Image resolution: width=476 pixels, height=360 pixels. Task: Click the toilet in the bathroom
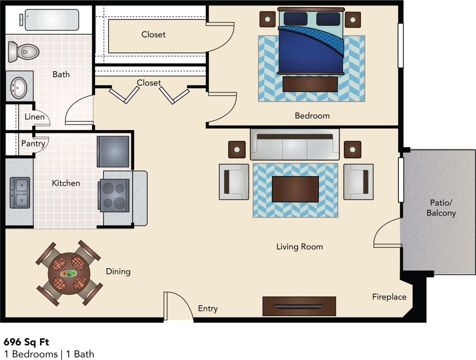click(24, 51)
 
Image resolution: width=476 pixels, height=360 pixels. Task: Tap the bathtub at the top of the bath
click(52, 19)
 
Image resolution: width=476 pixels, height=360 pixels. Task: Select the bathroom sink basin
click(18, 87)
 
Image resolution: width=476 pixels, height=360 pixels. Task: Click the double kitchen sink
click(20, 193)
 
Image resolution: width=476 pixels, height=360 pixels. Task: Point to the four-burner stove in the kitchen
click(114, 195)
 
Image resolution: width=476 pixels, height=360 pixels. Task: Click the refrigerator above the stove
click(113, 151)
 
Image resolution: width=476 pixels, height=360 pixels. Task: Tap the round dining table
click(69, 273)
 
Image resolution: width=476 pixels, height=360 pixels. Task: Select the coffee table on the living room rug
click(295, 189)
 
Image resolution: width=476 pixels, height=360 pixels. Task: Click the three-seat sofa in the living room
click(295, 144)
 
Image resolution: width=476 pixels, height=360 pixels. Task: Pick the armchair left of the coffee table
click(234, 181)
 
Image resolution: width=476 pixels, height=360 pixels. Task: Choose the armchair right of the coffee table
click(359, 181)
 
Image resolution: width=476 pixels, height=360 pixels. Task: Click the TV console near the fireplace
click(299, 306)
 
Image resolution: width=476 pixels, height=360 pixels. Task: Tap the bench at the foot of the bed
click(310, 84)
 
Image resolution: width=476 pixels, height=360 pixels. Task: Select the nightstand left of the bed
click(267, 19)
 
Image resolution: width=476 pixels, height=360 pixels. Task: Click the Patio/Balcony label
click(441, 207)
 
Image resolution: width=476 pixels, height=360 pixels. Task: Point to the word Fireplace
click(389, 297)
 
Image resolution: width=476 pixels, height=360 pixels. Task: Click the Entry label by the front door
click(208, 309)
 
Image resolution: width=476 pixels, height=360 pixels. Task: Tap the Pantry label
click(33, 144)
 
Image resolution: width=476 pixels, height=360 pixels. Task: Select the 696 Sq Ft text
click(27, 342)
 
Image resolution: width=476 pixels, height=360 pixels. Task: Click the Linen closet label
click(35, 117)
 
